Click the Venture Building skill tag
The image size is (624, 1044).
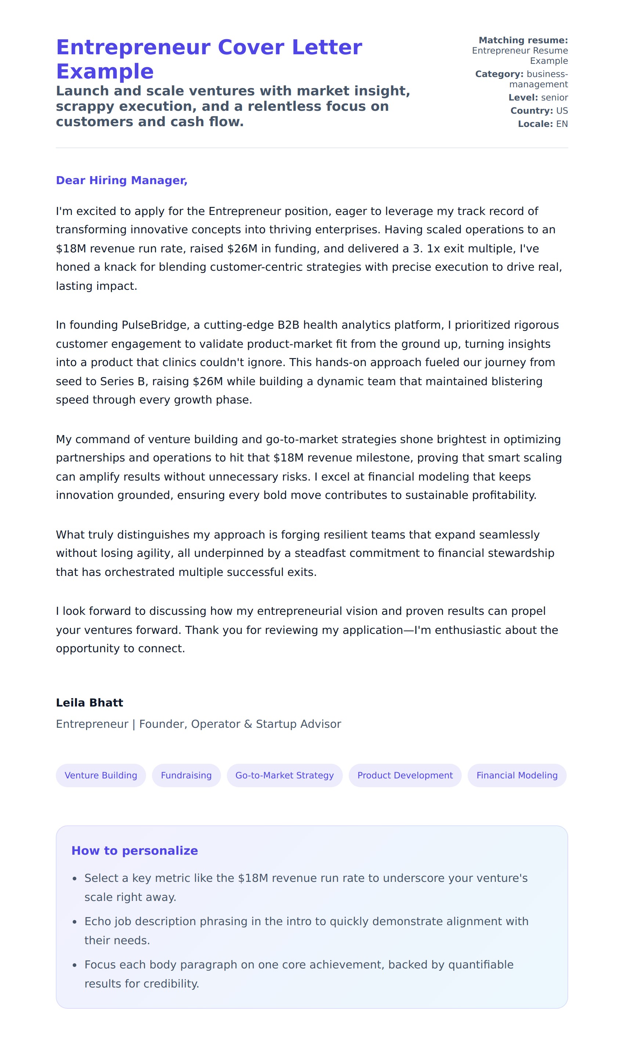coord(101,775)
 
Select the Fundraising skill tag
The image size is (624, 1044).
coord(186,775)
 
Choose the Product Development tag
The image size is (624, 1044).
coord(404,775)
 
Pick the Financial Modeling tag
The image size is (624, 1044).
coord(516,775)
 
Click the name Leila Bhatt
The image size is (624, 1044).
coord(90,702)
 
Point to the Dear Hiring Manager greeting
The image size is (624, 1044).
coord(121,180)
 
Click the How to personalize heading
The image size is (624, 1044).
coord(135,850)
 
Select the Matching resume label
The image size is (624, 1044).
coord(523,40)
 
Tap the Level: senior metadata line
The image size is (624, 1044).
coord(538,98)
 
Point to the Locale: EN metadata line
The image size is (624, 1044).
coord(543,124)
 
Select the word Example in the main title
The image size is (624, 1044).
coord(105,72)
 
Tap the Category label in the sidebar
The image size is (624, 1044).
coord(499,74)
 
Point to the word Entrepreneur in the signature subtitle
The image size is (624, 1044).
coord(92,724)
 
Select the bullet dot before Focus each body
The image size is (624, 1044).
coord(75,965)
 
